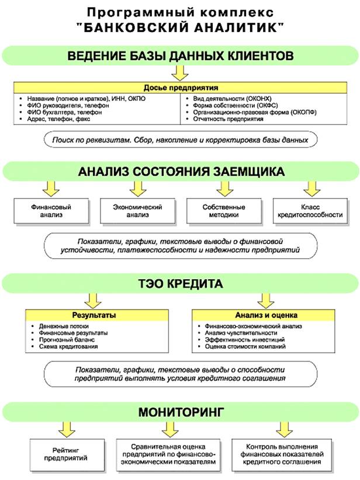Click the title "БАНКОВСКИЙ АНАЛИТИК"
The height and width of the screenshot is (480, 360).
179,27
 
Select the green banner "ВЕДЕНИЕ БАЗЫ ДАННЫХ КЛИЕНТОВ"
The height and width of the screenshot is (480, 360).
181,56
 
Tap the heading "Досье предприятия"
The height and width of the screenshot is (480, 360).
181,87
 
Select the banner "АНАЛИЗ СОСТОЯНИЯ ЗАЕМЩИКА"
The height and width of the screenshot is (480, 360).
181,172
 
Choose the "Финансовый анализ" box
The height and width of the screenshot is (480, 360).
51,211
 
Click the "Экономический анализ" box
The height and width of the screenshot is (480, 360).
137,211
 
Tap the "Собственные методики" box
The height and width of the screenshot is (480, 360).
224,211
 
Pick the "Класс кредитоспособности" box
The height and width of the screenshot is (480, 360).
310,211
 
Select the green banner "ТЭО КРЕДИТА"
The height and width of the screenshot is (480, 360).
181,284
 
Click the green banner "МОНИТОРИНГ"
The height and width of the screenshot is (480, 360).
181,412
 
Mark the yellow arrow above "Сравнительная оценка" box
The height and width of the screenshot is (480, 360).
169,432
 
